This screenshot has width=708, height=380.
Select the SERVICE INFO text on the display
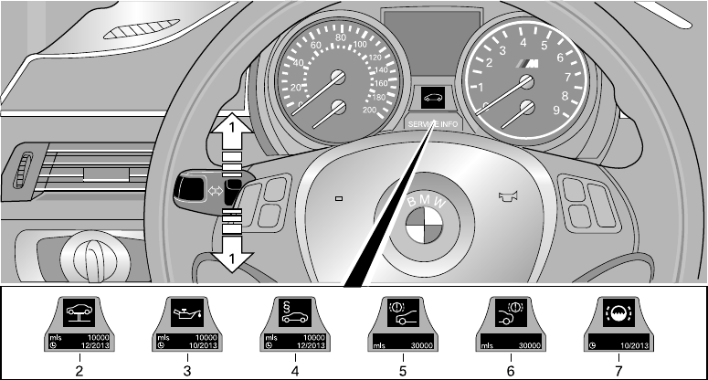[435, 126]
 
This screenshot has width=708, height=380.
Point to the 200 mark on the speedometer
[370, 110]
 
